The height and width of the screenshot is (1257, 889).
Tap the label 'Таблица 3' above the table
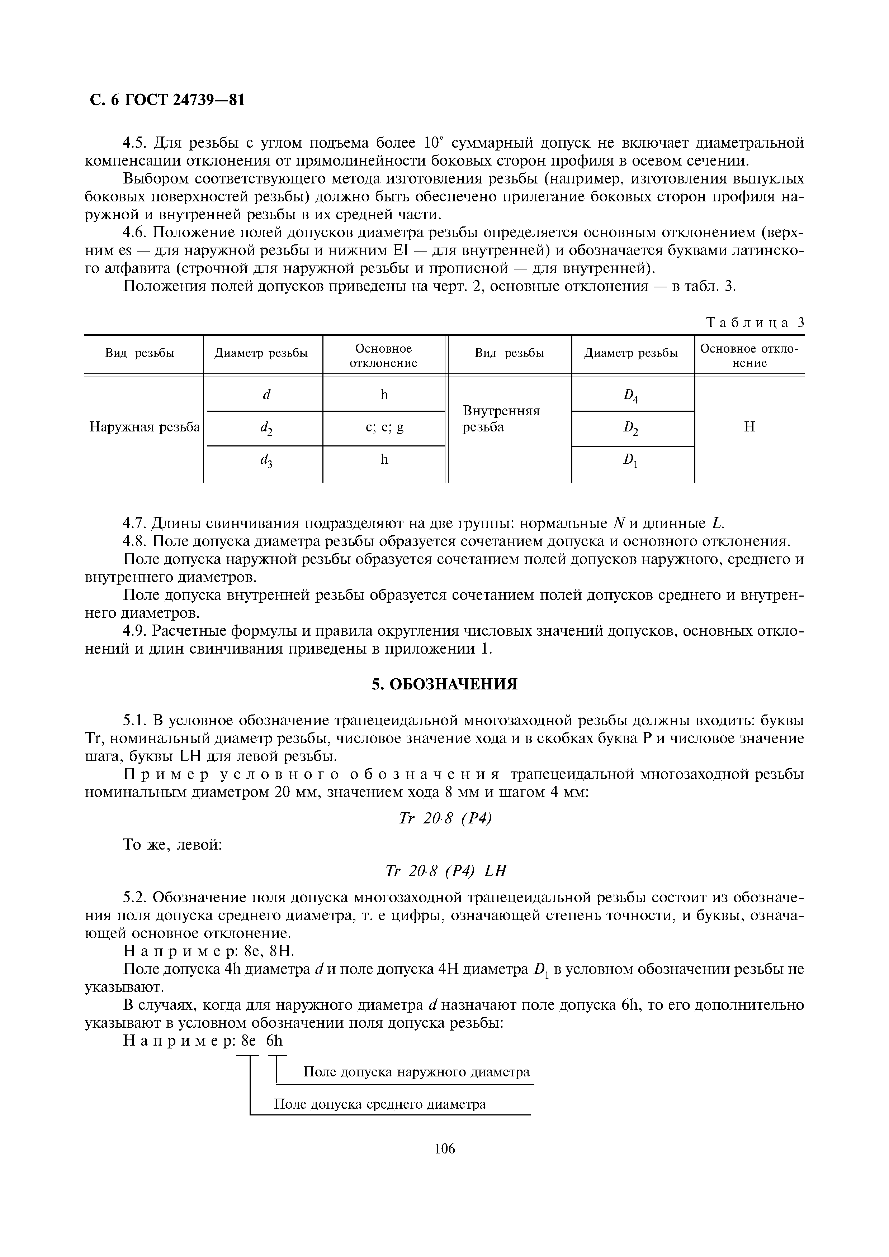coord(755,322)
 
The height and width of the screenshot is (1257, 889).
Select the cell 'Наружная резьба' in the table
coord(145,427)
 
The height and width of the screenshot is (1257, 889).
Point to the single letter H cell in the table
coord(749,427)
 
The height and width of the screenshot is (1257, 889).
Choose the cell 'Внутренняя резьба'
coord(501,419)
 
